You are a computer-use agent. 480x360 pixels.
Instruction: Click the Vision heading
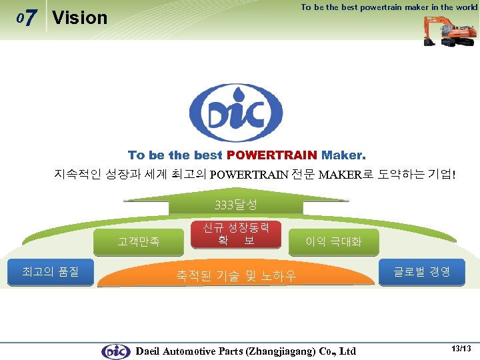pyautogui.click(x=79, y=18)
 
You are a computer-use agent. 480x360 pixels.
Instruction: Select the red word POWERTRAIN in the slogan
pyautogui.click(x=272, y=155)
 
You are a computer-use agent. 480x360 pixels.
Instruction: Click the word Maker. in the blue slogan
pyautogui.click(x=343, y=155)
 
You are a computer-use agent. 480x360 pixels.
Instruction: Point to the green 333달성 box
pyautogui.click(x=236, y=204)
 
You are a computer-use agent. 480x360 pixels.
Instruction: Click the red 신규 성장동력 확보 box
pyautogui.click(x=235, y=233)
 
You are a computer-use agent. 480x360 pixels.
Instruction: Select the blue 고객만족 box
pyautogui.click(x=139, y=242)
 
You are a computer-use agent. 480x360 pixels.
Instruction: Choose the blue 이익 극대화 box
pyautogui.click(x=333, y=242)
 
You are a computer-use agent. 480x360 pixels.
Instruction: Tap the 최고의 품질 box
pyautogui.click(x=50, y=272)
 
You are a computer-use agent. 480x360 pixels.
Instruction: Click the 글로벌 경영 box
pyautogui.click(x=421, y=271)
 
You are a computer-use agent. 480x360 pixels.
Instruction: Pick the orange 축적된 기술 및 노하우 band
pyautogui.click(x=236, y=275)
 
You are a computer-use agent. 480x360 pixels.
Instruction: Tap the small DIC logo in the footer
pyautogui.click(x=115, y=351)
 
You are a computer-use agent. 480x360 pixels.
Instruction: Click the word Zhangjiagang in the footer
pyautogui.click(x=281, y=351)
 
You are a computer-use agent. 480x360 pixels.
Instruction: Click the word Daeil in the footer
pyautogui.click(x=150, y=351)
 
